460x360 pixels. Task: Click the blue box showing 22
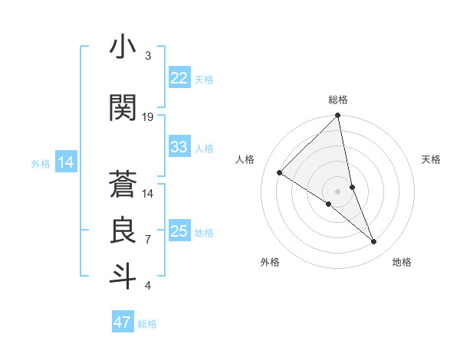pyautogui.click(x=179, y=78)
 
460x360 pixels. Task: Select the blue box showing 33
pyautogui.click(x=179, y=147)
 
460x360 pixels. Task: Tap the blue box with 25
pyautogui.click(x=179, y=231)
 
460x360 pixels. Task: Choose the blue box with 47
pyautogui.click(x=123, y=322)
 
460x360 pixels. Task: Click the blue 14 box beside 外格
pyautogui.click(x=65, y=162)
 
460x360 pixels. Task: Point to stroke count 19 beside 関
pyautogui.click(x=148, y=117)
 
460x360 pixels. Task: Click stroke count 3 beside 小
pyautogui.click(x=148, y=57)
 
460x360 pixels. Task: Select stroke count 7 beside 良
pyautogui.click(x=148, y=240)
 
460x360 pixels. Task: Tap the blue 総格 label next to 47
pyautogui.click(x=147, y=324)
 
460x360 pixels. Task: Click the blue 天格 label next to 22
pyautogui.click(x=204, y=80)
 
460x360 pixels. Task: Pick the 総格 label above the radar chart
pyautogui.click(x=338, y=100)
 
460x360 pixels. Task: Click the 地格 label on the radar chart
pyautogui.click(x=402, y=262)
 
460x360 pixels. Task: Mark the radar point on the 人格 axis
pyautogui.click(x=280, y=172)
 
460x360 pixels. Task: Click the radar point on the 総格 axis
pyautogui.click(x=338, y=116)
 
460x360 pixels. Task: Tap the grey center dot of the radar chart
pyautogui.click(x=338, y=191)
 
